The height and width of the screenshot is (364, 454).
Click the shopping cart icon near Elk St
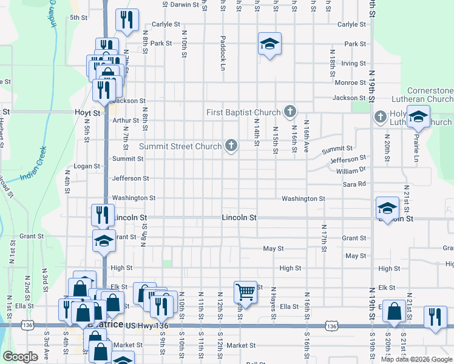coord(245,291)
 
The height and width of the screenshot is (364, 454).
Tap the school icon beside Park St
coord(269,44)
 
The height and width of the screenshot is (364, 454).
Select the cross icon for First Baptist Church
coord(290,112)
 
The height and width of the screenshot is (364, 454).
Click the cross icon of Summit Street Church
coord(231,145)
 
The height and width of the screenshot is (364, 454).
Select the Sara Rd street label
coord(354,184)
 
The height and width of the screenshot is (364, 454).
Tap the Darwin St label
coord(184,4)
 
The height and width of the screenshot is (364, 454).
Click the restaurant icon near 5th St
coord(127,20)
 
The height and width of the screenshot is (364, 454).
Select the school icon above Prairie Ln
coord(418,117)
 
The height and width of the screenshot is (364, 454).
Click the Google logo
coord(20,357)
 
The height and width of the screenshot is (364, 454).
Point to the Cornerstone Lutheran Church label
coord(422,95)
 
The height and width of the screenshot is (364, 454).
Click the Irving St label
coord(353,63)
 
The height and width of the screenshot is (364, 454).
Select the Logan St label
coord(86,166)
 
